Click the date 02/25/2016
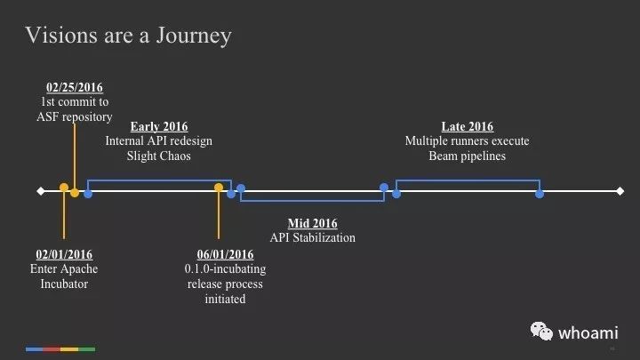pos(75,87)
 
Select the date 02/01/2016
pos(64,254)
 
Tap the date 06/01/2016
pos(225,254)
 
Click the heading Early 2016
pos(159,126)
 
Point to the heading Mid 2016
pos(313,223)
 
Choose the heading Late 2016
pos(468,126)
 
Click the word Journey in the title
pos(194,36)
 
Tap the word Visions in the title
pos(61,35)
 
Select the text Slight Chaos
pos(159,156)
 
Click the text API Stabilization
pos(313,237)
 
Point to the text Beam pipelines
pos(468,156)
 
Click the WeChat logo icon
pos(541,331)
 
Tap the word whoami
pos(588,333)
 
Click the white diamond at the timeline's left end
pos(40,191)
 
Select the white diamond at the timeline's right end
pos(620,191)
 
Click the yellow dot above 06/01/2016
pos(219,188)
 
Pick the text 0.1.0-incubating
pos(225,269)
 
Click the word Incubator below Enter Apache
pos(64,284)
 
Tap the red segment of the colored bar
pos(52,349)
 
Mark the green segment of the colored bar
pos(86,349)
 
